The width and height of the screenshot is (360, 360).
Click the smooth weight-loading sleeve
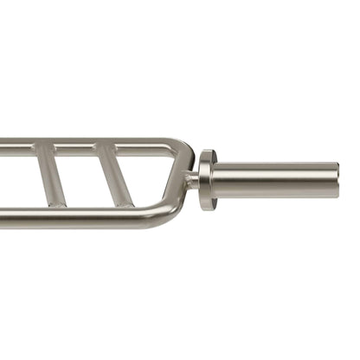pyautogui.click(x=277, y=178)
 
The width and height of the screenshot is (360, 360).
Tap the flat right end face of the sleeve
pyautogui.click(x=336, y=178)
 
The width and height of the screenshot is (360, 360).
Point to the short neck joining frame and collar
pyautogui.click(x=192, y=180)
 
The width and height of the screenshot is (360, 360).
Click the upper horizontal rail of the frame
pyautogui.click(x=87, y=144)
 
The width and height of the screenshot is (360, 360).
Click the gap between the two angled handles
pyautogui.click(x=82, y=177)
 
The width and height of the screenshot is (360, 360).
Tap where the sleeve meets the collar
pyautogui.click(x=217, y=179)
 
